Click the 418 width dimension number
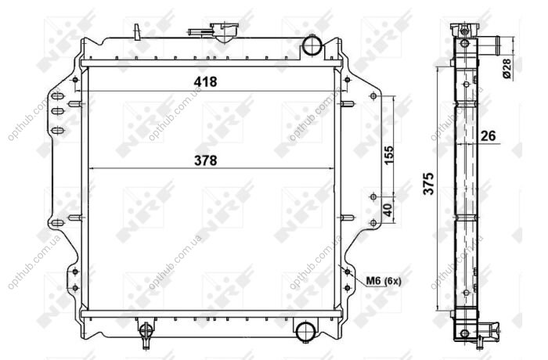(205, 82)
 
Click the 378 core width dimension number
(205, 160)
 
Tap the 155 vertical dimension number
(388, 155)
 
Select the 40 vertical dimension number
(388, 210)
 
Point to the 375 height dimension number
(428, 183)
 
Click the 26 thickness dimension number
(488, 135)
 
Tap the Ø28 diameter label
(507, 69)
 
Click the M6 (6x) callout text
(384, 281)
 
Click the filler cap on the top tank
(224, 31)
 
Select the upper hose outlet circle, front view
(312, 45)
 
